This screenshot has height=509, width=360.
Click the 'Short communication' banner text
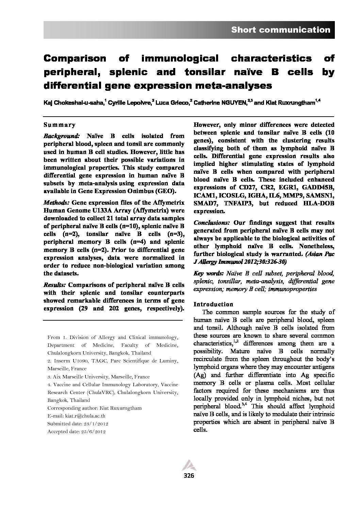point(280,30)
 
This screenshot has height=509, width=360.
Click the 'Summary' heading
point(60,125)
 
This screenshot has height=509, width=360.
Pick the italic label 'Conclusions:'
point(211,223)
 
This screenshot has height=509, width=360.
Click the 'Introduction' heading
point(213,304)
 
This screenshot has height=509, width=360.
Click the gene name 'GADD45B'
point(320,187)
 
